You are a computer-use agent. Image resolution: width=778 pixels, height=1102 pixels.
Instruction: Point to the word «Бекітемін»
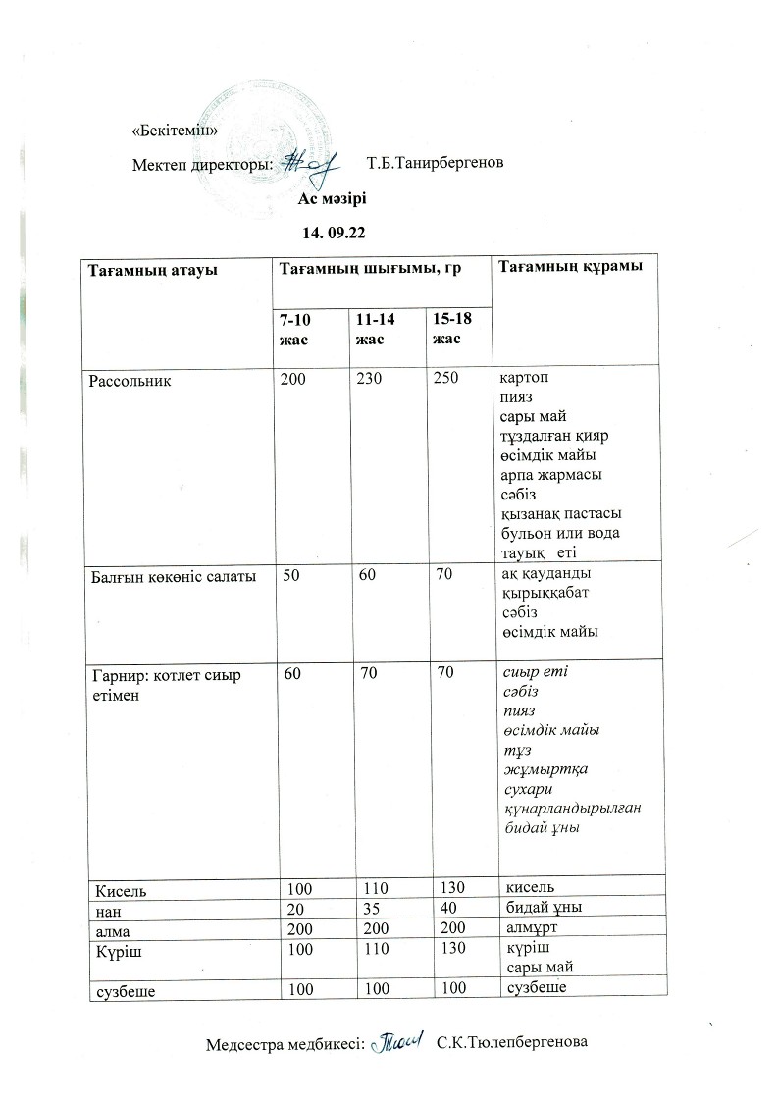(174, 131)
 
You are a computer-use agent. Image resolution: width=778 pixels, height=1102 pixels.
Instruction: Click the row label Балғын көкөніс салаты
(173, 576)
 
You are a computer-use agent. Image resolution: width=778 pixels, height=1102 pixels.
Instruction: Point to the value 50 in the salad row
(291, 576)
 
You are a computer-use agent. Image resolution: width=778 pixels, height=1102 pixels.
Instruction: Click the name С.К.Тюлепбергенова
(512, 1041)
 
